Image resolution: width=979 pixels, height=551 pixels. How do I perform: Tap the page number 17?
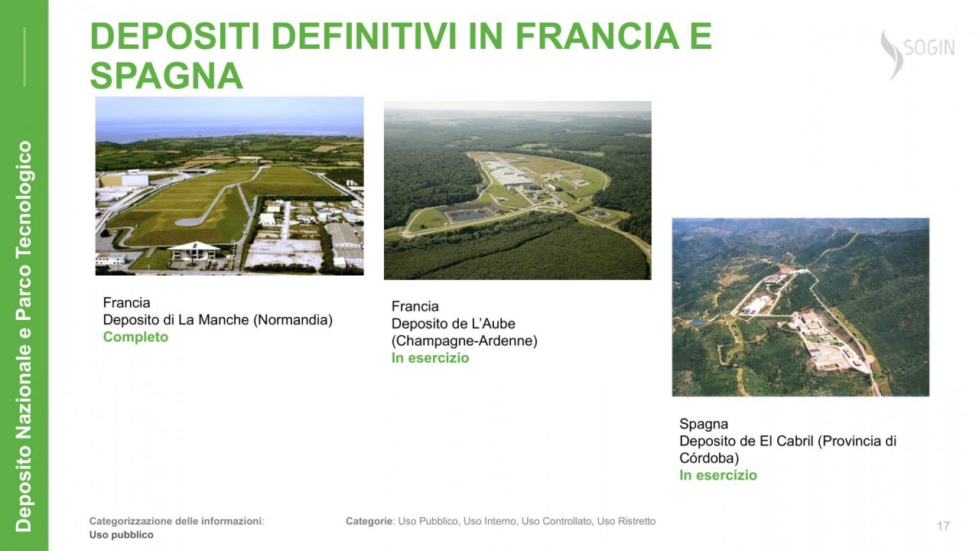tap(943, 526)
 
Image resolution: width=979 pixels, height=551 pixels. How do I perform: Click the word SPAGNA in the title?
tap(166, 76)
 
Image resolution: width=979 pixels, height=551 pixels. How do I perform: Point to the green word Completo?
tap(135, 337)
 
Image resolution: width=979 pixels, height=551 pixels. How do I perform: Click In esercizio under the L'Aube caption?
tap(430, 357)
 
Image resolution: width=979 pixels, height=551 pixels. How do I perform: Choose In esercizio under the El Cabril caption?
tap(718, 475)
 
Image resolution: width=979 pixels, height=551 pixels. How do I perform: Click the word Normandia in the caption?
tap(293, 320)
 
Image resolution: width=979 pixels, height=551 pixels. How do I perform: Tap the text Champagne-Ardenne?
tap(464, 341)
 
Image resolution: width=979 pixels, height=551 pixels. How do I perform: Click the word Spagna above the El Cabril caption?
tap(704, 424)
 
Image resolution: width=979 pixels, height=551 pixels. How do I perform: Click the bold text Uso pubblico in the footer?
tap(121, 535)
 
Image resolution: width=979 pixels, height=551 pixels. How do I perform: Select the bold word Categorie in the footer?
tap(369, 521)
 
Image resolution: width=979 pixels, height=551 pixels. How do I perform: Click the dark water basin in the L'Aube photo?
tap(470, 215)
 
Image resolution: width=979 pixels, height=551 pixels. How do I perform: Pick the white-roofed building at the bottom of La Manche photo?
tap(194, 250)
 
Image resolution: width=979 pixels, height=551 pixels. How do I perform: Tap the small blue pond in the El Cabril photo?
tap(699, 323)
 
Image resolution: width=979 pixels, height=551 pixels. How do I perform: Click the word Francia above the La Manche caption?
tap(126, 302)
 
